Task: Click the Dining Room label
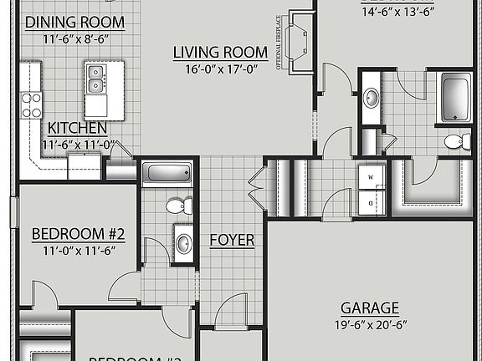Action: tap(74, 22)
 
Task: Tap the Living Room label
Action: tap(220, 52)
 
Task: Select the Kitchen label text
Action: tap(77, 128)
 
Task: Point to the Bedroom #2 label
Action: tap(78, 232)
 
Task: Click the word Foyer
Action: tap(232, 240)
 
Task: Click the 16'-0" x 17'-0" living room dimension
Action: tap(220, 69)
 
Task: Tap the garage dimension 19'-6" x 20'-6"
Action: tap(369, 323)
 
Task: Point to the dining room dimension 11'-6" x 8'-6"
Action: tap(74, 38)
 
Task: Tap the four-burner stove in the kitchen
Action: tap(31, 104)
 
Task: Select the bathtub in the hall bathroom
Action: tap(167, 174)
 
